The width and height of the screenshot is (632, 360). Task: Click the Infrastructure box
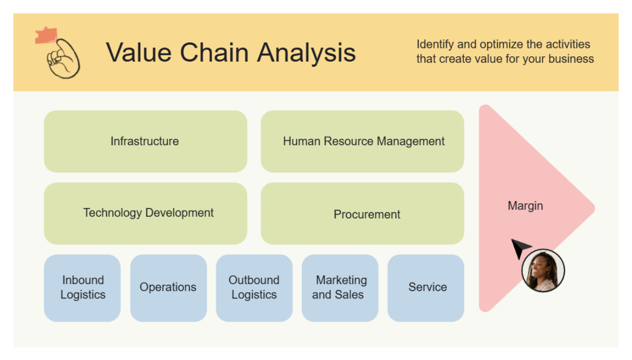click(x=145, y=141)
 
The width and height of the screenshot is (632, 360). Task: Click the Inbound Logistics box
click(x=82, y=288)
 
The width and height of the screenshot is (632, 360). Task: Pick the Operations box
click(x=168, y=288)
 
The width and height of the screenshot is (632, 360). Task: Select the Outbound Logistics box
click(x=254, y=288)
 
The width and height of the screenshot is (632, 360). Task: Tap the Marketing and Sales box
click(x=340, y=288)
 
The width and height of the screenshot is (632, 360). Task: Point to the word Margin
click(x=525, y=206)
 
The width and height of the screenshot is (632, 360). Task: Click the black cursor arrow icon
click(x=520, y=248)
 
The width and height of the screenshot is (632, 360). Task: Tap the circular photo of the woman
click(x=542, y=271)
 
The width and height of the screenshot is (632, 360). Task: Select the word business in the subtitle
click(x=571, y=59)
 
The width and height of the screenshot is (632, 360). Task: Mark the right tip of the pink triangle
click(x=593, y=208)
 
